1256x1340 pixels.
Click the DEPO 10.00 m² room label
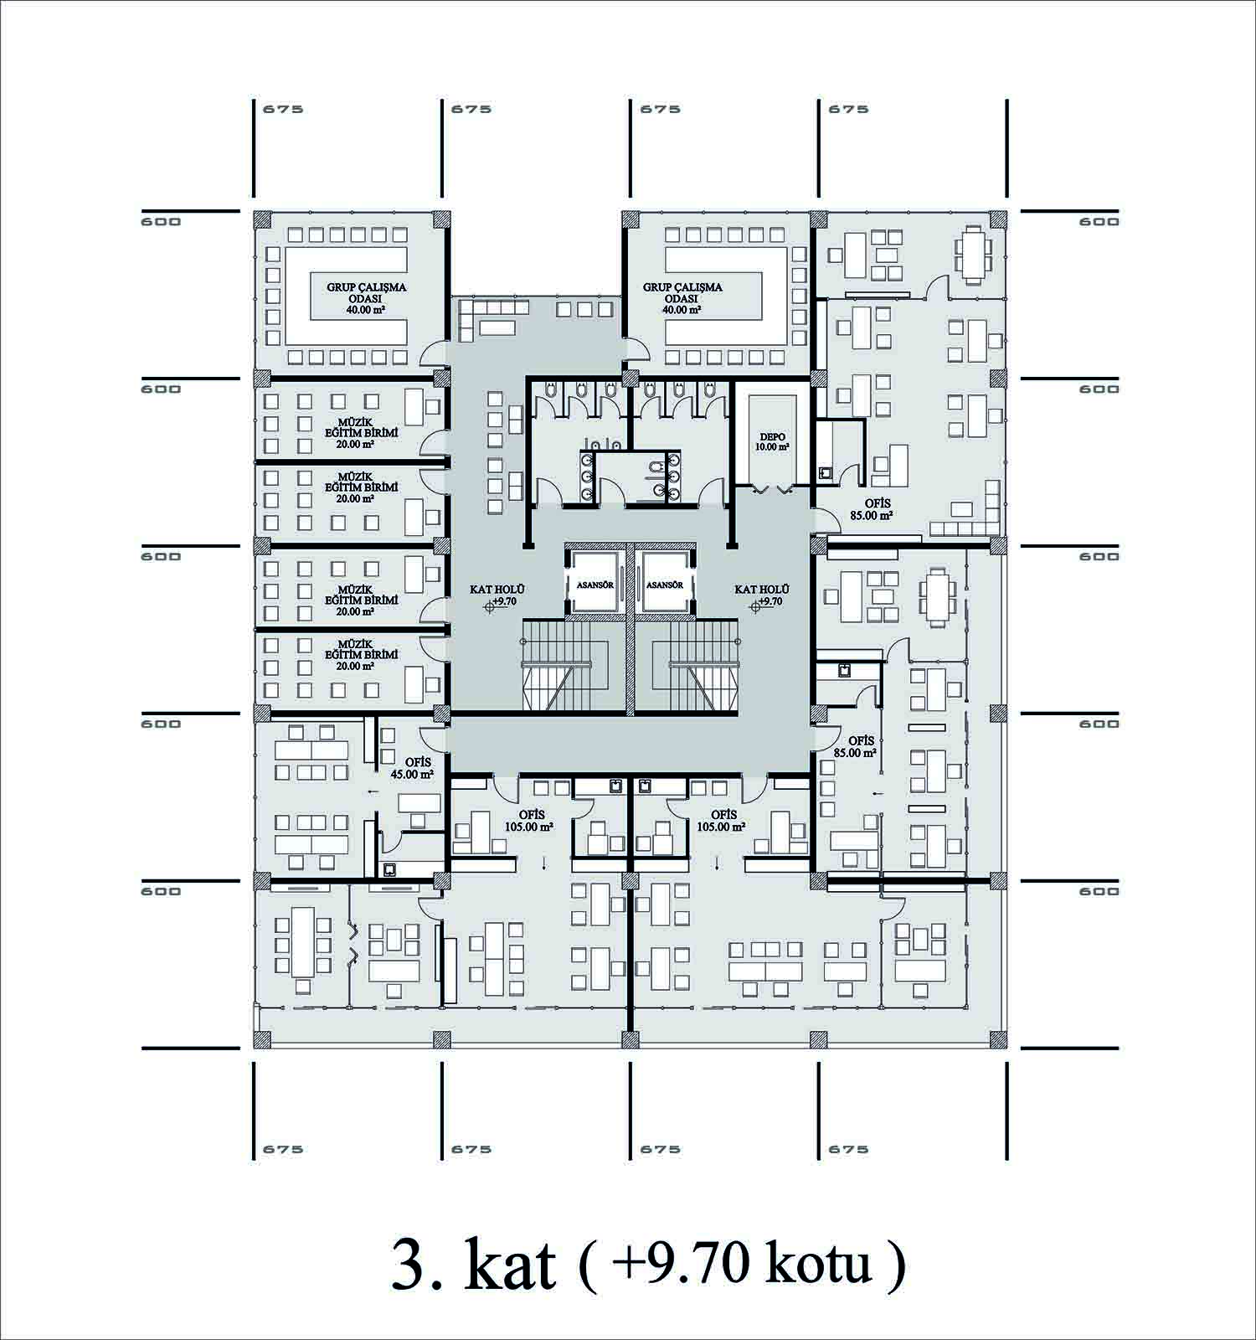coord(774,441)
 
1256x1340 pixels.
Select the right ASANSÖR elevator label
coord(666,585)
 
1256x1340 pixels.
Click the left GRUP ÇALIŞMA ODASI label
coord(355,298)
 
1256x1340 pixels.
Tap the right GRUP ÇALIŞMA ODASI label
coord(682,298)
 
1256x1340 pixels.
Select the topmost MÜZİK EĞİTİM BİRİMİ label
coord(350,432)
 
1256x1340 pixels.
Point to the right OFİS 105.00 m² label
coord(723,820)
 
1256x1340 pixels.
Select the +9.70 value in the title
coord(679,1265)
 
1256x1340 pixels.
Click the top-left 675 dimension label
coord(283,109)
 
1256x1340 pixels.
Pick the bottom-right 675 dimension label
coord(848,1149)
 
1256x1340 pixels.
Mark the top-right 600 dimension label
coord(1099,221)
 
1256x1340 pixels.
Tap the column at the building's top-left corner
coord(263,219)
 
